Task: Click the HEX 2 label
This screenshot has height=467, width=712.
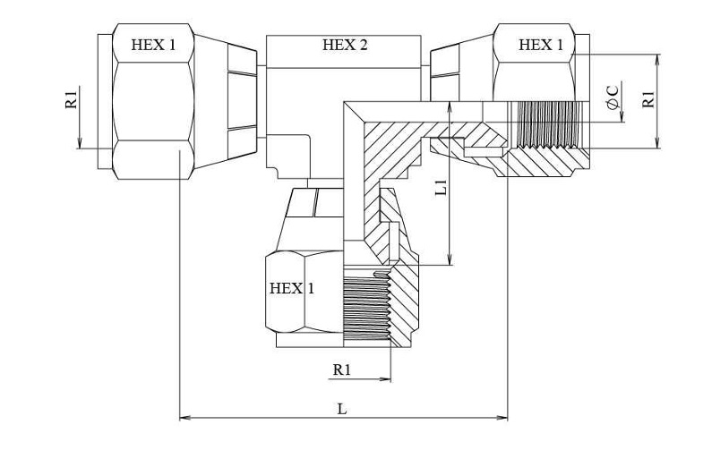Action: [x=345, y=45]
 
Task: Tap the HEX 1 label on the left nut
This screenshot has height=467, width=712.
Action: [x=153, y=45]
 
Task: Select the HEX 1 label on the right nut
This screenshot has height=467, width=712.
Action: [x=540, y=45]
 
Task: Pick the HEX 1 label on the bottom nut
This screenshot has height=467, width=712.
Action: [x=292, y=288]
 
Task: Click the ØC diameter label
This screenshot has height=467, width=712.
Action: [x=613, y=96]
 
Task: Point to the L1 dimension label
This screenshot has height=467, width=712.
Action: [x=441, y=187]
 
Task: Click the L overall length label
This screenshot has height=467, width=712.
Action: [x=342, y=409]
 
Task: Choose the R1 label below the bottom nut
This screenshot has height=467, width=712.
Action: [x=342, y=369]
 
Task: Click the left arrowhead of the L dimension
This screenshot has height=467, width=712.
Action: [x=184, y=418]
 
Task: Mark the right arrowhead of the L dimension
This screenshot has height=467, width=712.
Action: [x=503, y=418]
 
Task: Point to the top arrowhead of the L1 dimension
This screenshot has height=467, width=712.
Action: [x=450, y=106]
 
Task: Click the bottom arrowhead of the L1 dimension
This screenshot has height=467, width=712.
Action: [x=450, y=259]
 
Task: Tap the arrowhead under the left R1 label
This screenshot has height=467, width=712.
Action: [x=79, y=143]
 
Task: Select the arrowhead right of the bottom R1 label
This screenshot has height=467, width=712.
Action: [x=386, y=378]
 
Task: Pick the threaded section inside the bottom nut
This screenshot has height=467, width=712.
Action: [x=366, y=305]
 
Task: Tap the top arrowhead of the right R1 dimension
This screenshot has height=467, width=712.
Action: [x=658, y=59]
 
